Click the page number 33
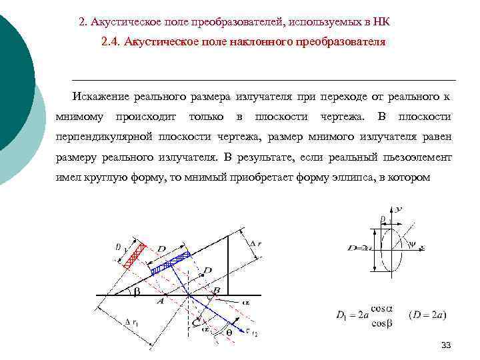pos(447,345)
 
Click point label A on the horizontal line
pos(159,301)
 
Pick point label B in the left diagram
pos(215,291)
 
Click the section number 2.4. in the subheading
pos(113,42)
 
